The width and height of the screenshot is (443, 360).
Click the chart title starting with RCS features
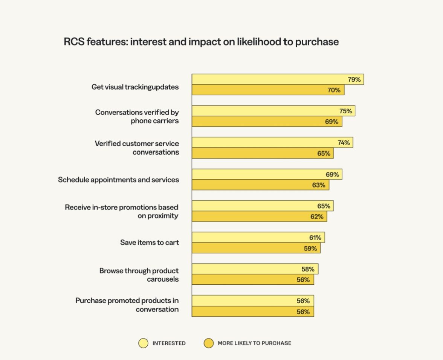201,42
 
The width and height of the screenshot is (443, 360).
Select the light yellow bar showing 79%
278,79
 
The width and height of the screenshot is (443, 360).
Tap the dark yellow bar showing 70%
268,90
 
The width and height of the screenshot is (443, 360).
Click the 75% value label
345,111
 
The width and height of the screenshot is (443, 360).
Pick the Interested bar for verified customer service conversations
272,143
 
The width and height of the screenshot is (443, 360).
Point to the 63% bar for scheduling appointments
260,185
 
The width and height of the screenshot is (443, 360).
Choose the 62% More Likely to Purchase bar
259,217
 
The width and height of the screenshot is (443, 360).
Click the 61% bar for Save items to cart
258,238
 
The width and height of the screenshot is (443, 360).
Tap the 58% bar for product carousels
255,269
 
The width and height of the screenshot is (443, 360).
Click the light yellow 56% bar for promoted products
253,301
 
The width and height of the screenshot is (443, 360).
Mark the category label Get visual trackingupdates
135,87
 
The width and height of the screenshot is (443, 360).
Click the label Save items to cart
150,243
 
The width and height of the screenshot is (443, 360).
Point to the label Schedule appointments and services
118,180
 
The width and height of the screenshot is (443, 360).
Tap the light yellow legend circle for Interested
143,343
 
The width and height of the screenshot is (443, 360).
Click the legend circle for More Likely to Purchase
208,343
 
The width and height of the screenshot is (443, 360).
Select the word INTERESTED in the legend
169,343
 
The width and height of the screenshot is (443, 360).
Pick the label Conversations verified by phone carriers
137,116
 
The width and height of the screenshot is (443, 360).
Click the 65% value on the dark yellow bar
324,153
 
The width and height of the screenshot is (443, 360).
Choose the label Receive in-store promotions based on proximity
122,212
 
